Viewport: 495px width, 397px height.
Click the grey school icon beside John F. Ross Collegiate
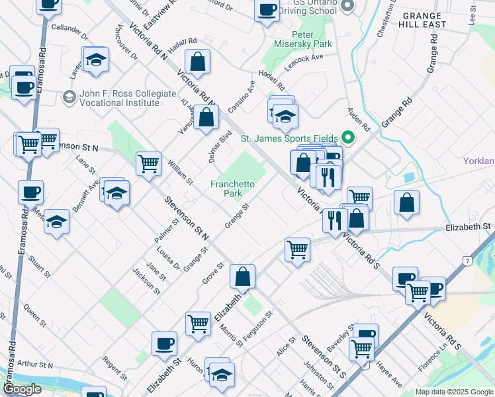coord(68,98)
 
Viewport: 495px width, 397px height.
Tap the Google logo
coord(22,389)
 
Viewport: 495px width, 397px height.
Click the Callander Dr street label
coord(69,30)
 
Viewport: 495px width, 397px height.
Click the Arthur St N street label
coord(35,364)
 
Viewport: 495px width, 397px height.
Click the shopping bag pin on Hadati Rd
coord(197,62)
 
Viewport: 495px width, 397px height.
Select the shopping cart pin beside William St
coord(148,163)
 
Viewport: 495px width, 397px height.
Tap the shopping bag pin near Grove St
coord(243,276)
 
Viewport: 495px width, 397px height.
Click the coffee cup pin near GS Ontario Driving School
coord(267,10)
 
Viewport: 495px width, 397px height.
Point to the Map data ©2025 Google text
coord(453,392)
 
